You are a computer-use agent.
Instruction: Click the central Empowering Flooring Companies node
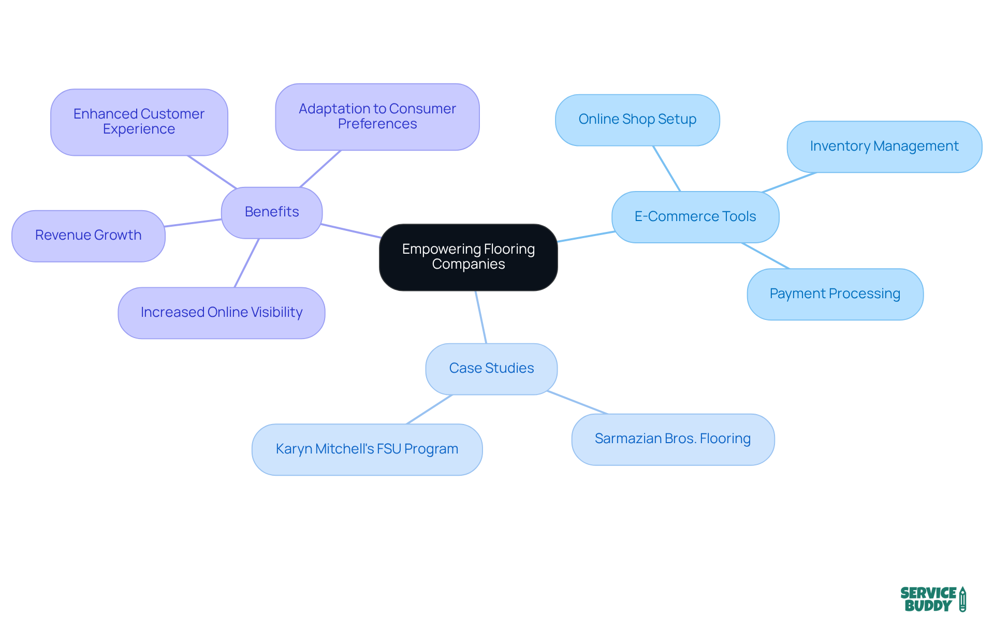(468, 257)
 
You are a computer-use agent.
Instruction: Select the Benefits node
(272, 212)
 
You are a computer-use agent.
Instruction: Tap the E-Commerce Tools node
(695, 217)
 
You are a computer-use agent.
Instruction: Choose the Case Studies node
(491, 369)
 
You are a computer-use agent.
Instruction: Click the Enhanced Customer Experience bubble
(139, 122)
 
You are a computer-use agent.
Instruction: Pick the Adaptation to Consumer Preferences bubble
(377, 116)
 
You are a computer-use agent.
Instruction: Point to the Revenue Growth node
(88, 236)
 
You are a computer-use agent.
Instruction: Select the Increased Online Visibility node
(221, 313)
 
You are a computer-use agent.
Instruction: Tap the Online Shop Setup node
(637, 120)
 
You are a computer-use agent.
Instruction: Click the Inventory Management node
(884, 147)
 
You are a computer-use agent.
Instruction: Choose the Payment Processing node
(835, 294)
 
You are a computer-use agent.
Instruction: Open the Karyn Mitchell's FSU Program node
(367, 449)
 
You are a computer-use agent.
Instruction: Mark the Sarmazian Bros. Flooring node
(673, 439)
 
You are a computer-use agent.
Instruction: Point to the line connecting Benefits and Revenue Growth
(193, 223)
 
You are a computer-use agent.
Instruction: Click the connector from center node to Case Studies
(481, 317)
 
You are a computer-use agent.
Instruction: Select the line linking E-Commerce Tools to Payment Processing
(765, 256)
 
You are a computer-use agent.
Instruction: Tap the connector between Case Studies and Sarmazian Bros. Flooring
(577, 403)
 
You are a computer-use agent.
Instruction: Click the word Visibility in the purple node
(276, 313)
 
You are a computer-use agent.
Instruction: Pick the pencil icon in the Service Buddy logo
(962, 599)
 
